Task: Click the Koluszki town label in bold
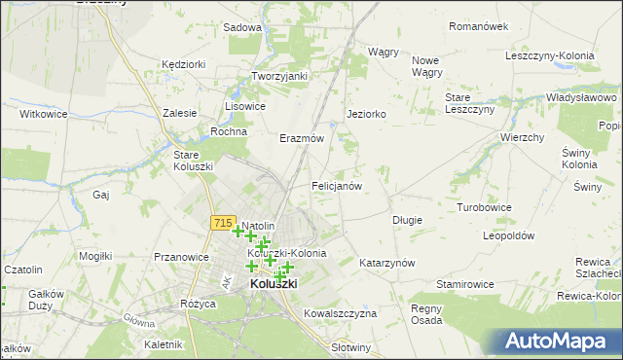pos(274,283)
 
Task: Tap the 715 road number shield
pos(221,224)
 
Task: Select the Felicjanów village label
pos(337,185)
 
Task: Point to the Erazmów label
pos(301,138)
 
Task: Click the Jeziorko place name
pos(367,114)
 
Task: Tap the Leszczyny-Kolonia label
pos(550,55)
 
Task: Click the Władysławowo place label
pos(580,98)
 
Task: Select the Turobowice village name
pos(484,208)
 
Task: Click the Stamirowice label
pos(464,283)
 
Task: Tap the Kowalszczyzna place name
pos(340,313)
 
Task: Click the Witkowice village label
pos(42,114)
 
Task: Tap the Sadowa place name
pos(242,27)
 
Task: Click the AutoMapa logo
pos(561,342)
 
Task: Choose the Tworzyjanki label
pos(279,76)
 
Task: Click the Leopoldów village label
pos(509,235)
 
